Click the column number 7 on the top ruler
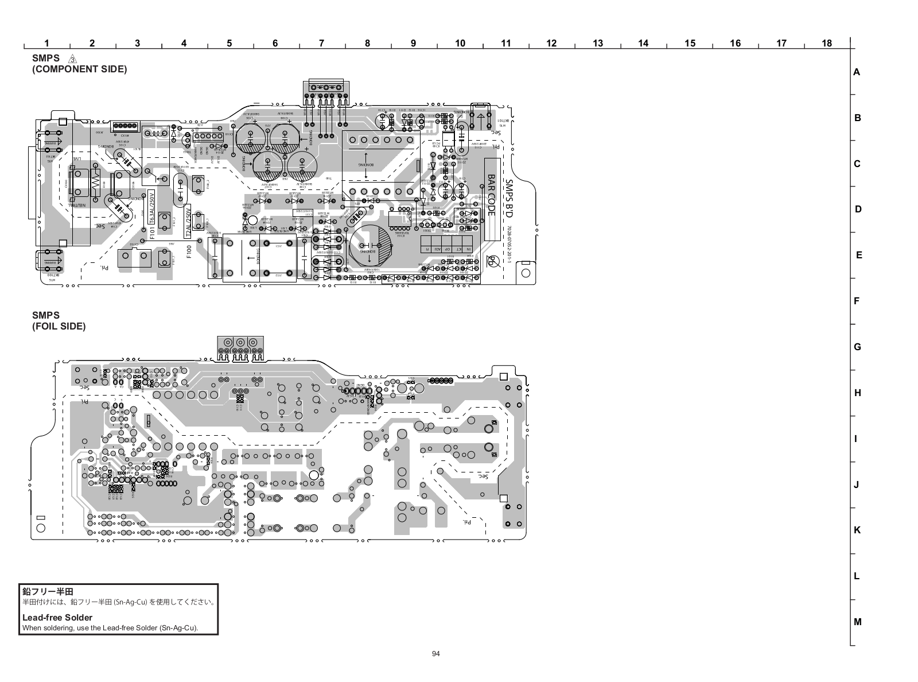(321, 43)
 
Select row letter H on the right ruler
(858, 393)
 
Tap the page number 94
(436, 653)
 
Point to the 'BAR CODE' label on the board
(491, 195)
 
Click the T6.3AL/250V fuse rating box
(152, 207)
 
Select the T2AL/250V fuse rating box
(188, 221)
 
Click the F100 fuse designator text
(189, 251)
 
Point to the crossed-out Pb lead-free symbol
(492, 261)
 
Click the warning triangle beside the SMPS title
(72, 59)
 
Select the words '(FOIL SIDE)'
(59, 326)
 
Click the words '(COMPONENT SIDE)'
(80, 69)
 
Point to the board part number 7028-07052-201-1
(508, 245)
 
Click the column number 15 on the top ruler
(690, 43)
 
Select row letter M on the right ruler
(858, 622)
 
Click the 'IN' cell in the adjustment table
(468, 249)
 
